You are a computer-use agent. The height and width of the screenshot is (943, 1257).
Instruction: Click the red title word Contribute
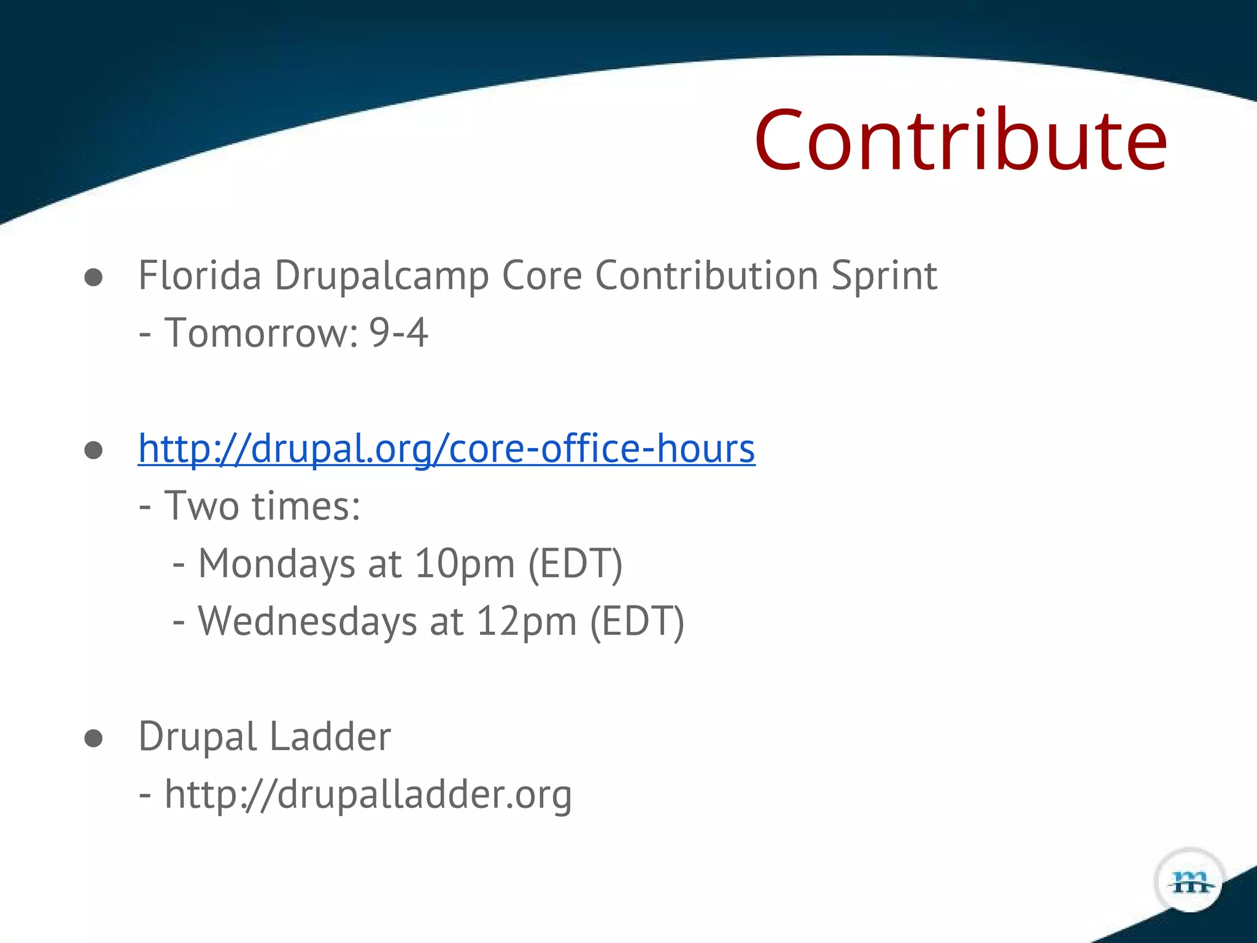click(961, 141)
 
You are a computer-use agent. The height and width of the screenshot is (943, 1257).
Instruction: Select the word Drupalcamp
click(381, 276)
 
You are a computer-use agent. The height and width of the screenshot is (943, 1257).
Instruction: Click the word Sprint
click(884, 276)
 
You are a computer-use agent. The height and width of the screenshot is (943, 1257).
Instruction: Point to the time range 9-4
click(398, 333)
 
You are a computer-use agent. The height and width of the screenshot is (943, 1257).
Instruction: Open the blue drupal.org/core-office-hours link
click(446, 449)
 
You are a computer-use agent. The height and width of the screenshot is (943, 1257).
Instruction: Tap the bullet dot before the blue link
click(93, 451)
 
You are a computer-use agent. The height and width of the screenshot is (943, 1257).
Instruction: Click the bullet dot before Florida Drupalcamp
click(93, 277)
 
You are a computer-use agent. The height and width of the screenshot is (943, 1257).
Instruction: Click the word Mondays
click(276, 564)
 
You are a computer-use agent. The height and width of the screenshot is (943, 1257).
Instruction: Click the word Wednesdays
click(307, 622)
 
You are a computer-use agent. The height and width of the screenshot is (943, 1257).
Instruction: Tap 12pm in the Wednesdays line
click(527, 622)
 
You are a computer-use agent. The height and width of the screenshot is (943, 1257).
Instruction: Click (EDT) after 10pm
click(575, 564)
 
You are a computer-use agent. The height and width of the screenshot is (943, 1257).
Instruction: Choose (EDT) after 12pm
click(637, 622)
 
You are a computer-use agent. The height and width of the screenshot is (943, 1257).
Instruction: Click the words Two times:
click(262, 506)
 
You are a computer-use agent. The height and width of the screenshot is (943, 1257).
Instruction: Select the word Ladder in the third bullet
click(330, 737)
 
